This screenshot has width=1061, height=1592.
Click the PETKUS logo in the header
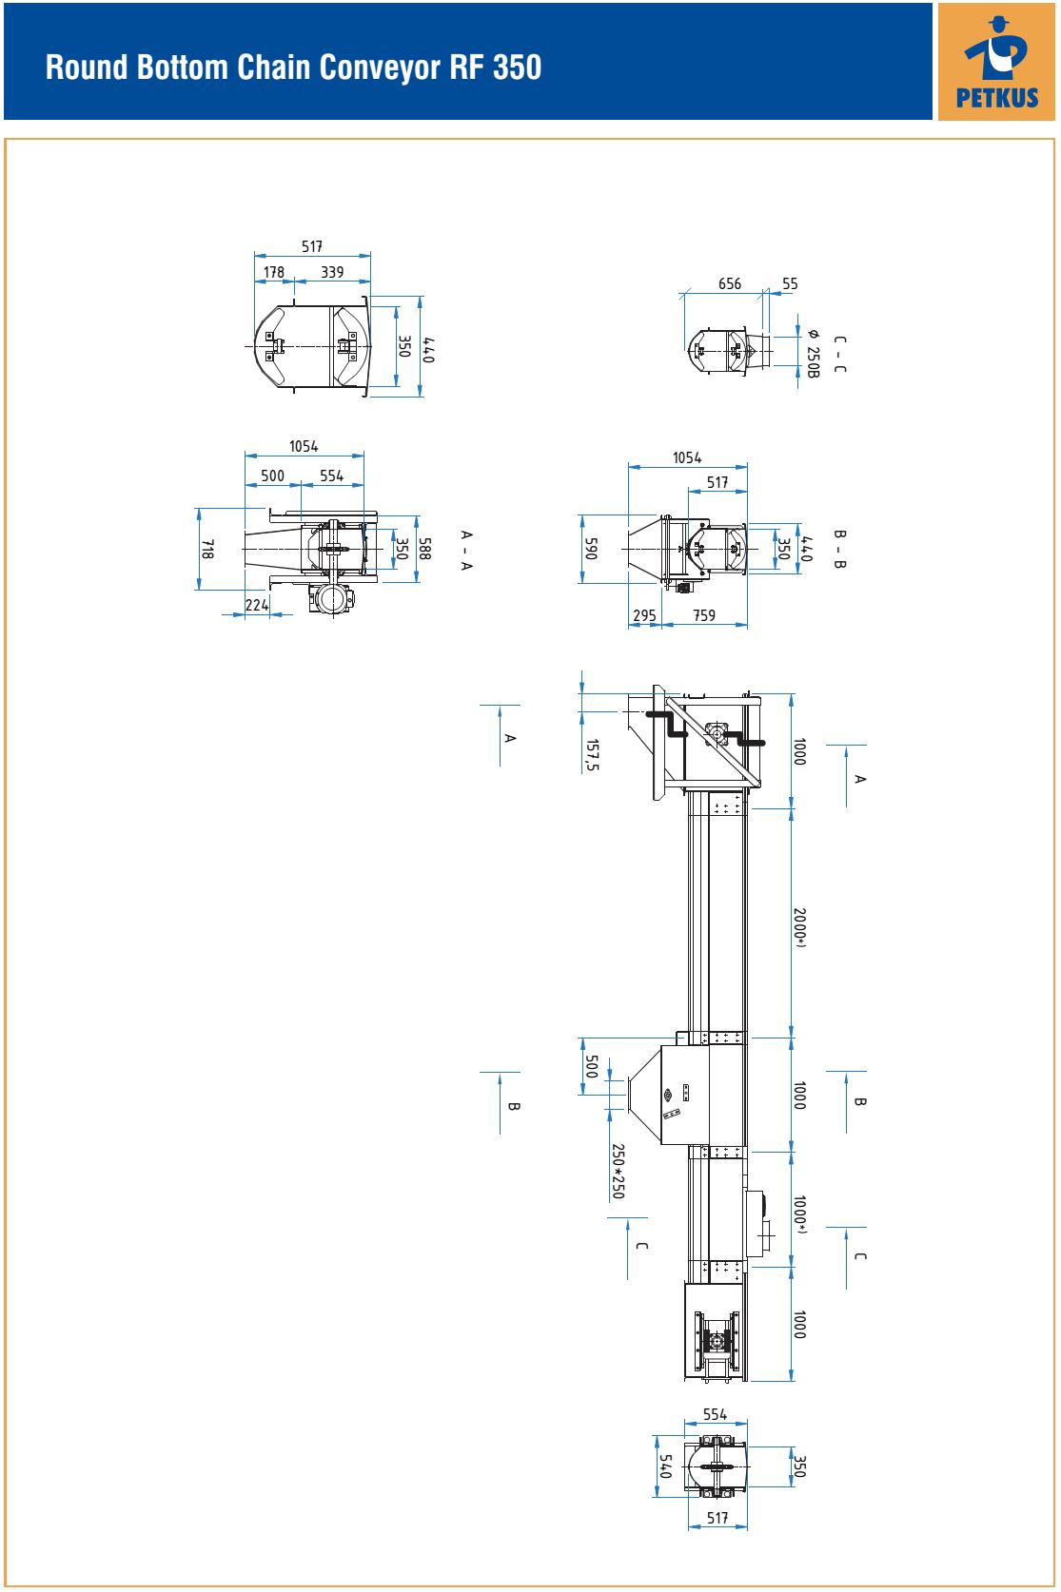996,62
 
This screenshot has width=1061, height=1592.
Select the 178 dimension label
274,272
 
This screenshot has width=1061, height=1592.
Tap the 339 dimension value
332,272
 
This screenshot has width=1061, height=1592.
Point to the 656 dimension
730,284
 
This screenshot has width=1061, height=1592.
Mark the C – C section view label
840,354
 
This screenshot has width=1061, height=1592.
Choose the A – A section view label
466,550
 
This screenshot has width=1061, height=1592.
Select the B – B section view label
840,549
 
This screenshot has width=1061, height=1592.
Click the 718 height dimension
206,549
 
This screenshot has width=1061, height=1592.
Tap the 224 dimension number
257,605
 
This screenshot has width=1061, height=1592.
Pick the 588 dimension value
424,548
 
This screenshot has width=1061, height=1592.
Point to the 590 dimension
591,549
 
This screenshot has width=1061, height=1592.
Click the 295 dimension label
644,615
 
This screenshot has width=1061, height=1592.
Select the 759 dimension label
704,615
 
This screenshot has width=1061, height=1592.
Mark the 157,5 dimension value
592,755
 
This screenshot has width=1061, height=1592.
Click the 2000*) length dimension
800,927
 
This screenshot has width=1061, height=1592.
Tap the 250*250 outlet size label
618,1172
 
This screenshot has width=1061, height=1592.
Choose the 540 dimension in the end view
665,1466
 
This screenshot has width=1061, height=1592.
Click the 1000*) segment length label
800,1214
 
